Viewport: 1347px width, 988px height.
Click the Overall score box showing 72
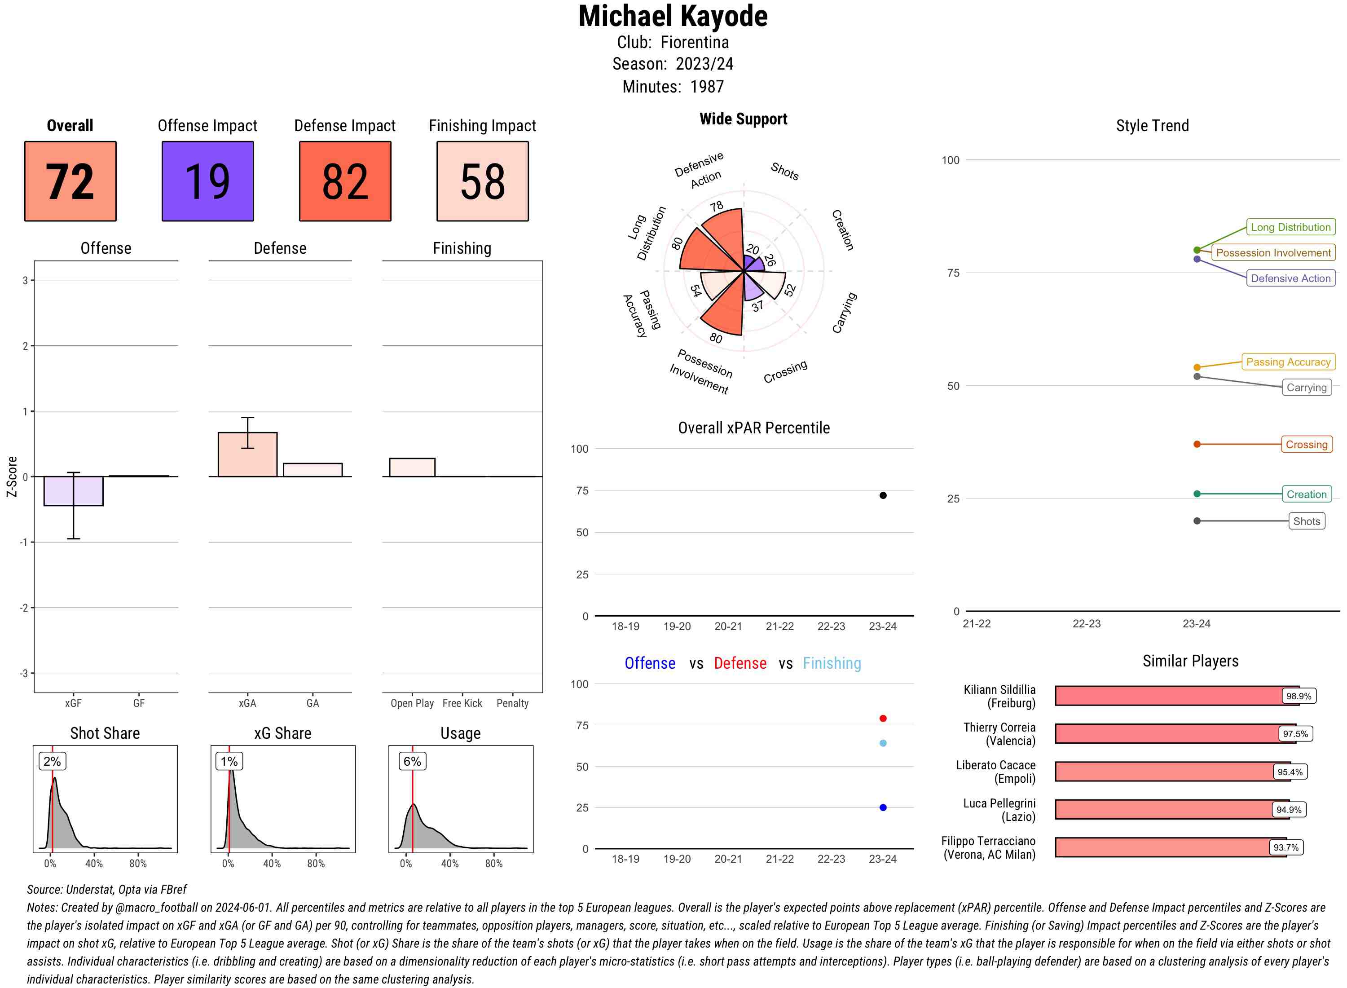(x=70, y=181)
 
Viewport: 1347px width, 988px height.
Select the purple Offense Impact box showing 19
(x=207, y=181)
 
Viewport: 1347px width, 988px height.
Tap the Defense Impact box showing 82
(x=345, y=181)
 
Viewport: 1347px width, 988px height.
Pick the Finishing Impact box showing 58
(x=483, y=181)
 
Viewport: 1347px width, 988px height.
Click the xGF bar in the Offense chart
(x=74, y=491)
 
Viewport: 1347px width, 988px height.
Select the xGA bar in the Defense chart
(x=247, y=454)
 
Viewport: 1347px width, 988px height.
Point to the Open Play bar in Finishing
(x=412, y=467)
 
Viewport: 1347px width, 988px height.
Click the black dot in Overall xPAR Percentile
(x=882, y=495)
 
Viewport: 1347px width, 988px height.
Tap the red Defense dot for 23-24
(x=882, y=718)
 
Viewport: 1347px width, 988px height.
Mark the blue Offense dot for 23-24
(x=882, y=807)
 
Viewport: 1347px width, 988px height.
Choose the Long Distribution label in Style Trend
(x=1290, y=227)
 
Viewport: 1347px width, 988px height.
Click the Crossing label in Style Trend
(x=1306, y=444)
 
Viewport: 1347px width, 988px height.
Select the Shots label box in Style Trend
(x=1306, y=521)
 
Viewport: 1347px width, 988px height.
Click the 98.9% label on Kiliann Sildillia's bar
(x=1299, y=696)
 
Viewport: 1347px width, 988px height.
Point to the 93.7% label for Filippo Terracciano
(x=1285, y=847)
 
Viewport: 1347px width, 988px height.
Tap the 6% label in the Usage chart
(x=412, y=761)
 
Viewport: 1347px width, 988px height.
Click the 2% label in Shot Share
(x=52, y=761)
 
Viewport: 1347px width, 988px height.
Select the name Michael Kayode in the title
(x=673, y=16)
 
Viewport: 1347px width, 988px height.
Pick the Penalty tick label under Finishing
(x=512, y=703)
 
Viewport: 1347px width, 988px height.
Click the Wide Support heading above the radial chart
(x=743, y=119)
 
